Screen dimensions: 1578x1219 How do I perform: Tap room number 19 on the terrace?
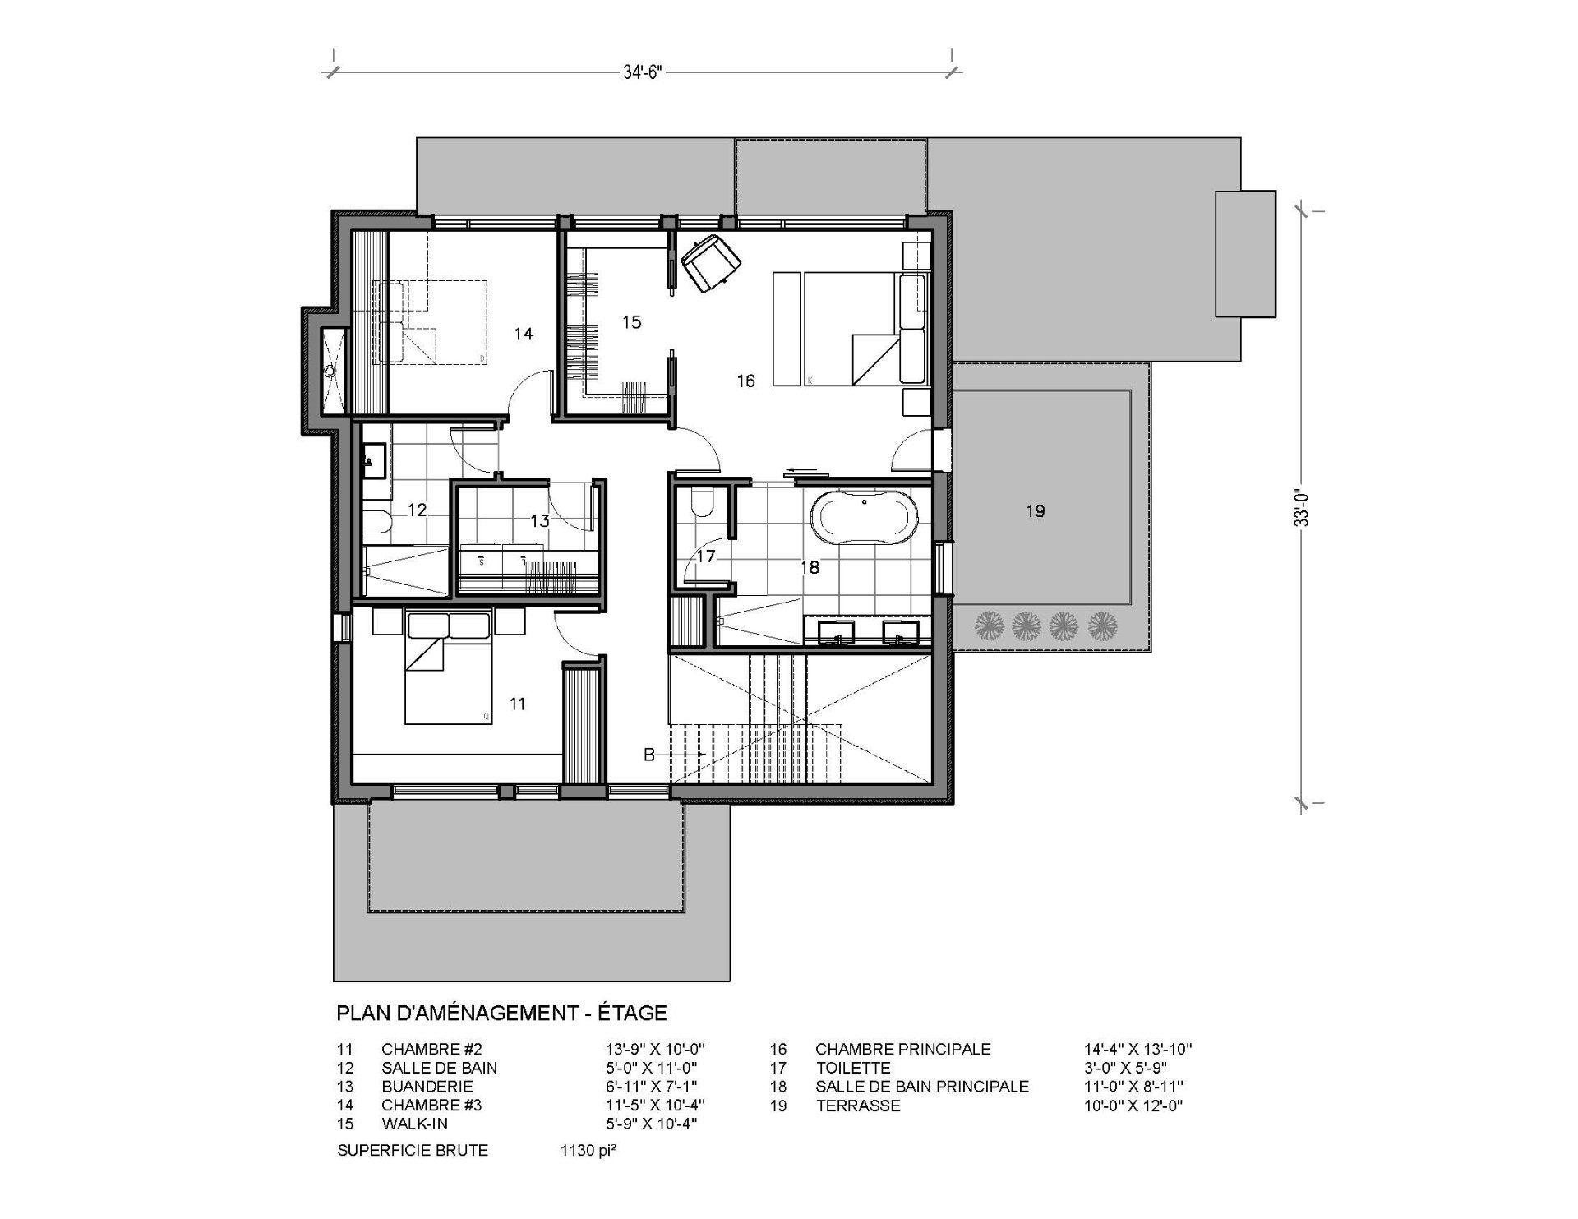[x=1035, y=511]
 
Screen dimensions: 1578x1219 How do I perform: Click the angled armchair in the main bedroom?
[x=710, y=262]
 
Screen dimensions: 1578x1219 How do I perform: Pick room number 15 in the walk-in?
[x=631, y=322]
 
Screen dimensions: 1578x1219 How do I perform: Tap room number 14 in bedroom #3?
[x=524, y=334]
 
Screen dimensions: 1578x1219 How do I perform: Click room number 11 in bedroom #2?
[x=517, y=704]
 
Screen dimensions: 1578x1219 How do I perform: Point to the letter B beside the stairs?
[x=648, y=755]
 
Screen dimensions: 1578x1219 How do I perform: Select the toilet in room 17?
[x=704, y=502]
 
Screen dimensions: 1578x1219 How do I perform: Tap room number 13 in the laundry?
[x=539, y=520]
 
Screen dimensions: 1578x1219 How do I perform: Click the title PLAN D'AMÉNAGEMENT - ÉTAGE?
[x=501, y=1014]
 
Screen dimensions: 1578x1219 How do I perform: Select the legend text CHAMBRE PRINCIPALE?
[x=902, y=1050]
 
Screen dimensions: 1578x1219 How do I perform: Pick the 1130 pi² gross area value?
[x=588, y=1150]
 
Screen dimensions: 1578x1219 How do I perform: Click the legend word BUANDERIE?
[x=427, y=1087]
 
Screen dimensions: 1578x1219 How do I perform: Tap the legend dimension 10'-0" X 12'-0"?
[x=1133, y=1106]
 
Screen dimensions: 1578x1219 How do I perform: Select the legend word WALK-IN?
[x=415, y=1124]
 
